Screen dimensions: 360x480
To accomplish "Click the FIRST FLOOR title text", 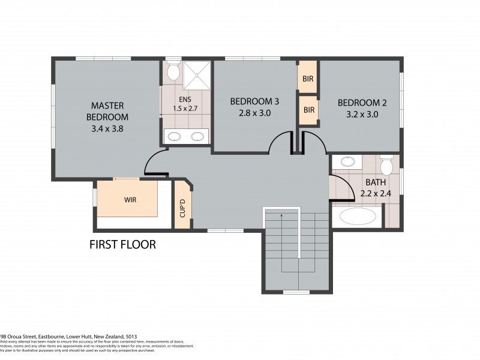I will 122,244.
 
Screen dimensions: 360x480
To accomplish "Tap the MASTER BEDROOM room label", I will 107,110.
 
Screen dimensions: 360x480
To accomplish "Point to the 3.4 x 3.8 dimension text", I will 107,128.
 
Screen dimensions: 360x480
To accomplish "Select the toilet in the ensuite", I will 173,72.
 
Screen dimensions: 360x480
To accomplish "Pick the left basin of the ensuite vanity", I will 174,136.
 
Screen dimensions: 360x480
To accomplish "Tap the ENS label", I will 184,99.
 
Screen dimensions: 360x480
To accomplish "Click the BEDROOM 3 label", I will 254,101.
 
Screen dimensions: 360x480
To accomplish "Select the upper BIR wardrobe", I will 308,79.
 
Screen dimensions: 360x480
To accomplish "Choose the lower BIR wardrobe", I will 308,110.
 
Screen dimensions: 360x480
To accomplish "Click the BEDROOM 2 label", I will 362,103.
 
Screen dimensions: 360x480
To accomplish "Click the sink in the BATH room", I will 347,161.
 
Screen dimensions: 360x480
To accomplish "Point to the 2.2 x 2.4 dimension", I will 376,194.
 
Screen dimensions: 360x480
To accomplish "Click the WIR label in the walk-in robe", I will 131,200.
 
